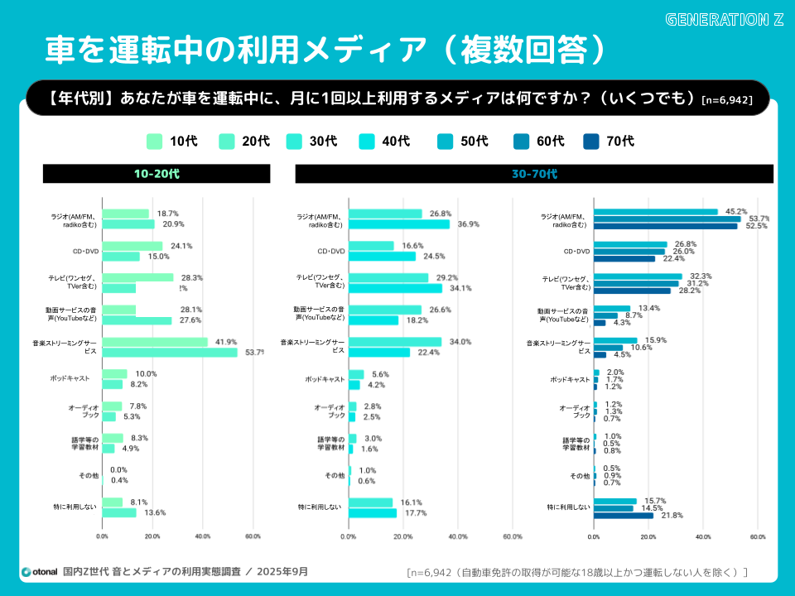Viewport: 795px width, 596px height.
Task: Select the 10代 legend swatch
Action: pyautogui.click(x=154, y=142)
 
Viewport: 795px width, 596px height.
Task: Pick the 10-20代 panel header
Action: pyautogui.click(x=157, y=174)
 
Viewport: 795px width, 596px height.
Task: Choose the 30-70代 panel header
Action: pyautogui.click(x=534, y=174)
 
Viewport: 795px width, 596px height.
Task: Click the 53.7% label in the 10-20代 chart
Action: pyautogui.click(x=254, y=353)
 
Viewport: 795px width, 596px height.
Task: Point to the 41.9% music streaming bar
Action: pyautogui.click(x=154, y=342)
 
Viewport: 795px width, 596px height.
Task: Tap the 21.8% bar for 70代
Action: pyautogui.click(x=623, y=516)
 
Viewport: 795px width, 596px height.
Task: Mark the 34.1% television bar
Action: pyautogui.click(x=395, y=288)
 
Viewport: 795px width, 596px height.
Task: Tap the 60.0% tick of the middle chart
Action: pyautogui.click(x=512, y=536)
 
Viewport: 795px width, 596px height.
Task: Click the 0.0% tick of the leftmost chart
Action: pyautogui.click(x=102, y=536)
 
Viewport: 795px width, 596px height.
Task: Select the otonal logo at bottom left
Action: pyautogui.click(x=38, y=571)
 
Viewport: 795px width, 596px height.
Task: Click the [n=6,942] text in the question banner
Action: pyautogui.click(x=726, y=100)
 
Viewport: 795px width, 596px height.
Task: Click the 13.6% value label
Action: pyautogui.click(x=155, y=512)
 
